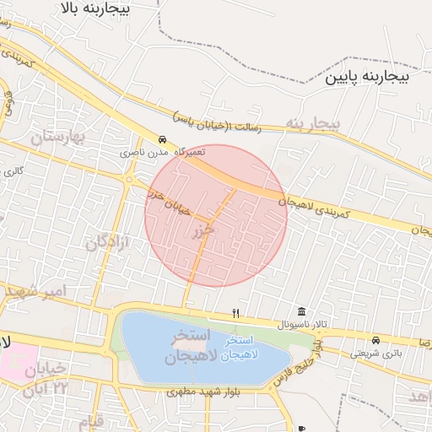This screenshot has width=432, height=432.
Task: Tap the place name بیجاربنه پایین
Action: pos(367,77)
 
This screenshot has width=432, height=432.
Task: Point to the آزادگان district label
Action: pos(108,242)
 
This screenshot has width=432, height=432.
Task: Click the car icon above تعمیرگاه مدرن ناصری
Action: pos(163,140)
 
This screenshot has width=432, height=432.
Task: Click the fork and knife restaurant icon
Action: pos(236,313)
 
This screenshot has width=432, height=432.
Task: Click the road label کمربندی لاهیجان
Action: pos(319,202)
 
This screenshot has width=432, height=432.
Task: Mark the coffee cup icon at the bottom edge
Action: pos(301,429)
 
